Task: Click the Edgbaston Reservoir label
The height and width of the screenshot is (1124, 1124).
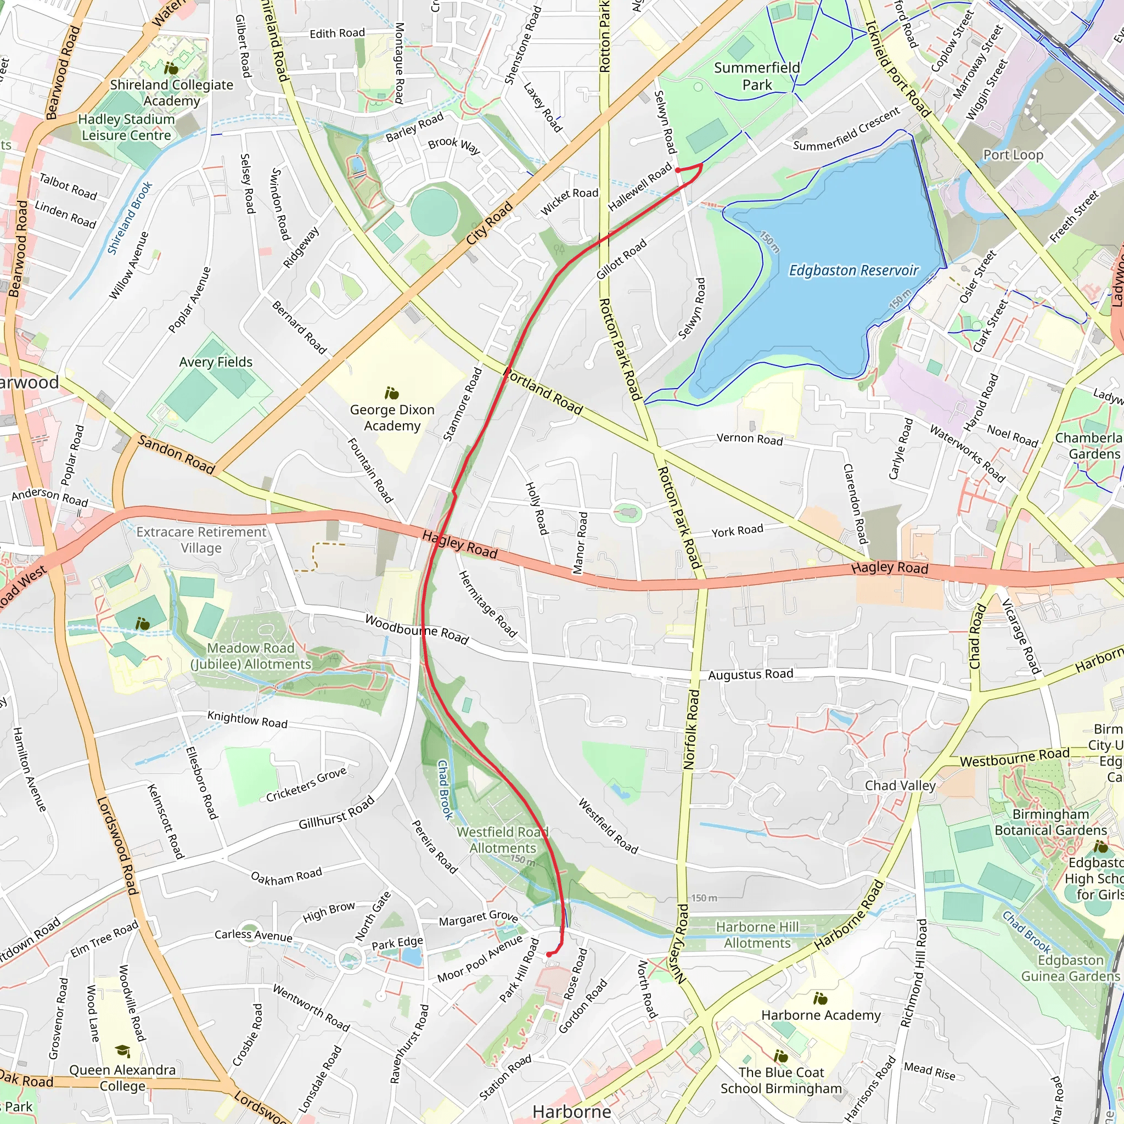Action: click(x=853, y=271)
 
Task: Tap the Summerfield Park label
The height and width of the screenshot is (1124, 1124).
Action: click(x=756, y=76)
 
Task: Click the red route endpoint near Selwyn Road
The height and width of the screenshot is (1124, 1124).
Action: click(x=678, y=170)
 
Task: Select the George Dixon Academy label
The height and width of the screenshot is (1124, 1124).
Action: click(x=391, y=418)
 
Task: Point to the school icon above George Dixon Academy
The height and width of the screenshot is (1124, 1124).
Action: click(x=391, y=394)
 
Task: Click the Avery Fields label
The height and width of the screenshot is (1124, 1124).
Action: click(x=216, y=362)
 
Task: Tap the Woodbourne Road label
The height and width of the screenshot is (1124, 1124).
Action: click(x=417, y=629)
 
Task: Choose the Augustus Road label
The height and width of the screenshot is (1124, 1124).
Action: click(x=750, y=675)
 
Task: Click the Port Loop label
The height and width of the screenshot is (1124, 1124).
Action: click(x=1013, y=155)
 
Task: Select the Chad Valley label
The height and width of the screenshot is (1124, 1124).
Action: click(x=900, y=785)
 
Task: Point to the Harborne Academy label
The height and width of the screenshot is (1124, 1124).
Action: click(x=821, y=1015)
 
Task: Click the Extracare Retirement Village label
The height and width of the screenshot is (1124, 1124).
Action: click(x=201, y=540)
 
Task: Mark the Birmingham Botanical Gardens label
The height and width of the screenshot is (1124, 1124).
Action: click(x=1050, y=822)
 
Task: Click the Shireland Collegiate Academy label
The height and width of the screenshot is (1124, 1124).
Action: click(x=172, y=93)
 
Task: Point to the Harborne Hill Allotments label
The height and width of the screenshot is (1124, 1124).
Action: click(x=757, y=935)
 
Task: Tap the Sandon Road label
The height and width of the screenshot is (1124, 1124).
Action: click(x=176, y=454)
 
